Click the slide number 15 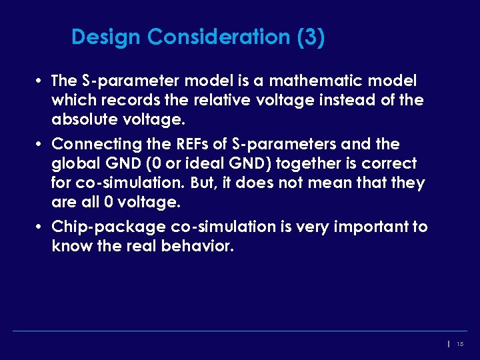[x=460, y=344]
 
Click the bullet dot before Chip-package [x=41, y=227]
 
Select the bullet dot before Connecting [x=41, y=145]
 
